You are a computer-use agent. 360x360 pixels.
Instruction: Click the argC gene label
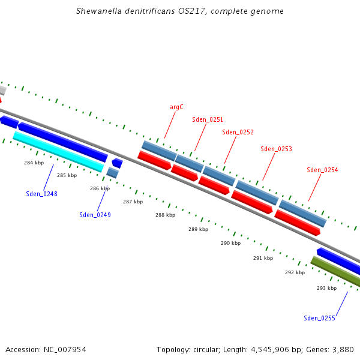176,107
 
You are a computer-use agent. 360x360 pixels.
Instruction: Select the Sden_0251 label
208,119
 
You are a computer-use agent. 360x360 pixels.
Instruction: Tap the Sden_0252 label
238,132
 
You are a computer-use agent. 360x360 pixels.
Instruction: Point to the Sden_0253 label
277,149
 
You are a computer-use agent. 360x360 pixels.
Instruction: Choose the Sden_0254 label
322,170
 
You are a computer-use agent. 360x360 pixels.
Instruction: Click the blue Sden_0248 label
41,194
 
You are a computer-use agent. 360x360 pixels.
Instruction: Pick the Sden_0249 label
95,214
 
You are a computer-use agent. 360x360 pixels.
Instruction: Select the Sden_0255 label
319,318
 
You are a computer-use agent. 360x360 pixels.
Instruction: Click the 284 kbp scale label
34,163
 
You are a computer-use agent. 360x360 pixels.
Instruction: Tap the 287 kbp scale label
133,202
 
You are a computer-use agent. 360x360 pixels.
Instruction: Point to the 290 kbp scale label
230,243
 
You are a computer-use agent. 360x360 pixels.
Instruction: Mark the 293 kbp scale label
326,288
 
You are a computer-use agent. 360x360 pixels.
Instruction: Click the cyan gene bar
58,152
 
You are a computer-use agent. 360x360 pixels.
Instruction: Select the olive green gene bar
336,272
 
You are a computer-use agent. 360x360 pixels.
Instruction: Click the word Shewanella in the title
100,11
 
